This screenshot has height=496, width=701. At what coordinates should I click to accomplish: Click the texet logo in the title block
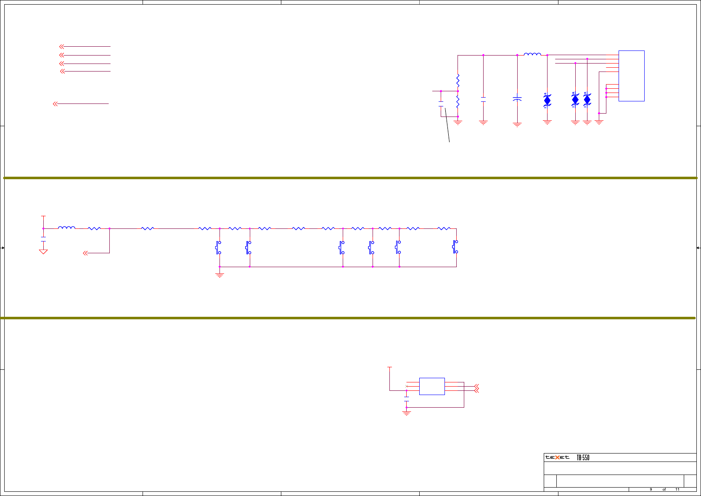557,457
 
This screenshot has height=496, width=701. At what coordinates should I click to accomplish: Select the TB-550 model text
583,458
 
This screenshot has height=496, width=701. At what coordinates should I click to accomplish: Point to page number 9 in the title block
651,489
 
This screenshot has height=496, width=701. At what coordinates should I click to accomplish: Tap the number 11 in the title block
677,489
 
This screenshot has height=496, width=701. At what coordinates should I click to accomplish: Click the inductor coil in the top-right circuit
532,54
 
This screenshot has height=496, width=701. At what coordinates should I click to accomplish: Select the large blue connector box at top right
631,76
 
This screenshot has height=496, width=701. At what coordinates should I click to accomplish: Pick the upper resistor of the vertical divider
458,80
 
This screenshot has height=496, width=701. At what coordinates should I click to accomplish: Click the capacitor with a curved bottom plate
517,99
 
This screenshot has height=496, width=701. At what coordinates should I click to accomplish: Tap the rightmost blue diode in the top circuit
587,100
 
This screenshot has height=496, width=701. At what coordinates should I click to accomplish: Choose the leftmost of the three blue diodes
547,100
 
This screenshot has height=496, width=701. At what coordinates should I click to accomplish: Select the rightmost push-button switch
455,247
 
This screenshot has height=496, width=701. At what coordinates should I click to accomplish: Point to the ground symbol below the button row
220,275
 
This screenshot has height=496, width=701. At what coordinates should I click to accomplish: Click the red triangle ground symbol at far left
43,252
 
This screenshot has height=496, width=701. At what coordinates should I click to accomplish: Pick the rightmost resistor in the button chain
444,228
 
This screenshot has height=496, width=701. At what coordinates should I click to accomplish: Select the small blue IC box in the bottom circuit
432,386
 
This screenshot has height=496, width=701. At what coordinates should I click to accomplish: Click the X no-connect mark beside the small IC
406,386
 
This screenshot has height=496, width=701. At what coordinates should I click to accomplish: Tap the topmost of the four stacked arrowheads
61,46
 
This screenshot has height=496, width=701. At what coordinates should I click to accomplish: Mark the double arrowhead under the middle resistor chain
85,253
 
